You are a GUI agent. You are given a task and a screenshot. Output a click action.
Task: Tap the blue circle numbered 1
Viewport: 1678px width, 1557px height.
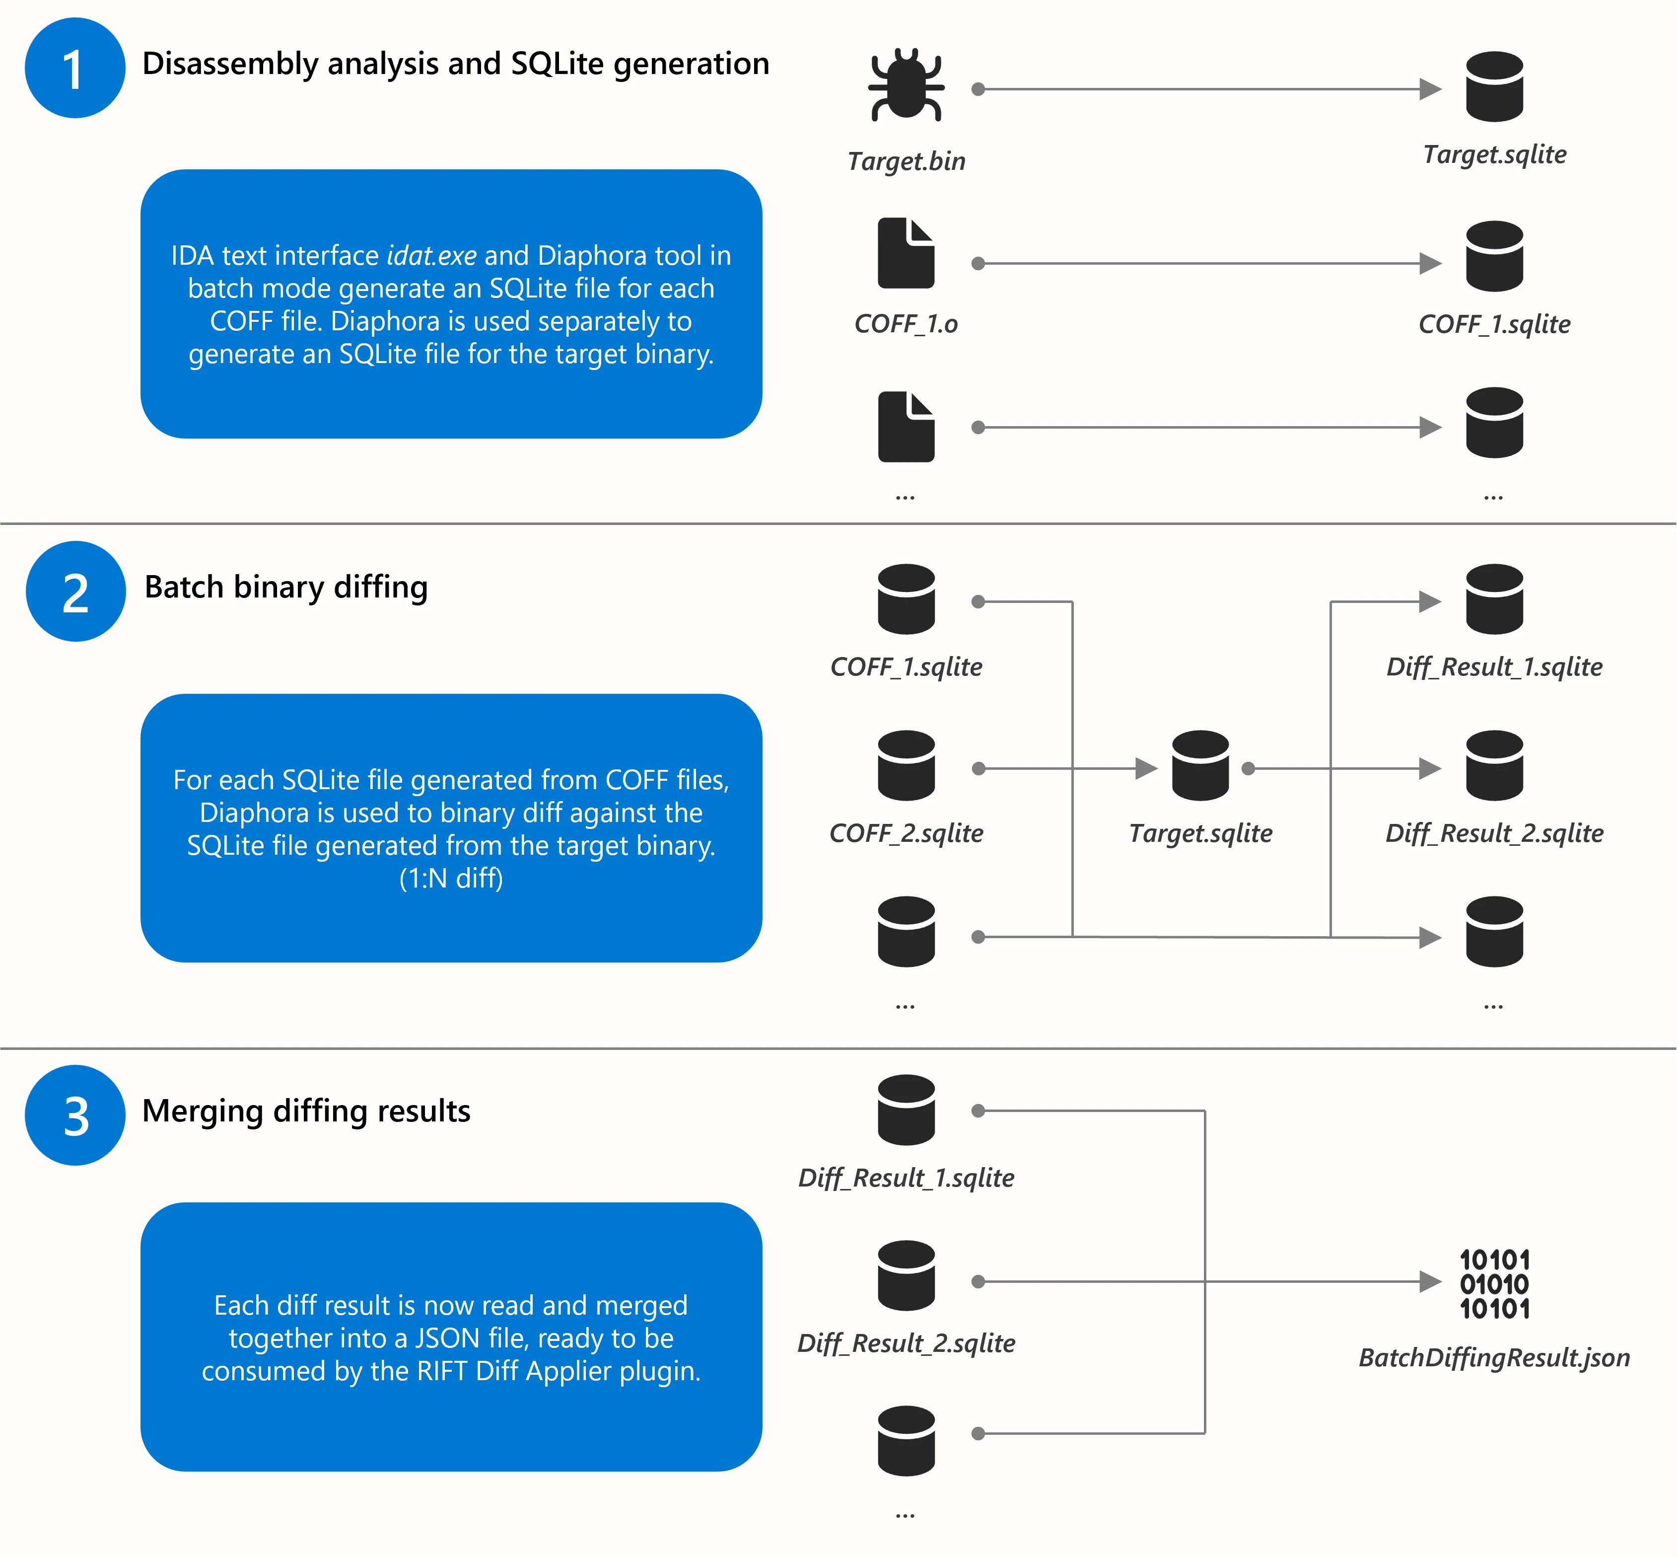(x=75, y=68)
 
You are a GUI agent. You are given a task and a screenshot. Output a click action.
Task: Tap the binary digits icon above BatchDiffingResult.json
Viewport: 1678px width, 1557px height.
(x=1494, y=1284)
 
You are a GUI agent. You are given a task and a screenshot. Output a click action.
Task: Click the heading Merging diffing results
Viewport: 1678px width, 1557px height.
(x=306, y=1112)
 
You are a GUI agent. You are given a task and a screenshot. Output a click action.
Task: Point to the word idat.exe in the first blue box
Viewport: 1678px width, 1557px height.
(x=431, y=255)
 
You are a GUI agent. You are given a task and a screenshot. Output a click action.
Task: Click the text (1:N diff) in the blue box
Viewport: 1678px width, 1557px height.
(x=451, y=879)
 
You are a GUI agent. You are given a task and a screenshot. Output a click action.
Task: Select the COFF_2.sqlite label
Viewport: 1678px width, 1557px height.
(x=907, y=833)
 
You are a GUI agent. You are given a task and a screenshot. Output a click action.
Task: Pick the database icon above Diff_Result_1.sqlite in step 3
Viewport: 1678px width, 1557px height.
(x=907, y=1110)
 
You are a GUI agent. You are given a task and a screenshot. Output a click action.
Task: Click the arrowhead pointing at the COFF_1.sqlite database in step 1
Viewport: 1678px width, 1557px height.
(x=1429, y=264)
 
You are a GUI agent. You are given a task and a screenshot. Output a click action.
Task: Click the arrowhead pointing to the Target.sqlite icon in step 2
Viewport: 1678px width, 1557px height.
(x=1146, y=768)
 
